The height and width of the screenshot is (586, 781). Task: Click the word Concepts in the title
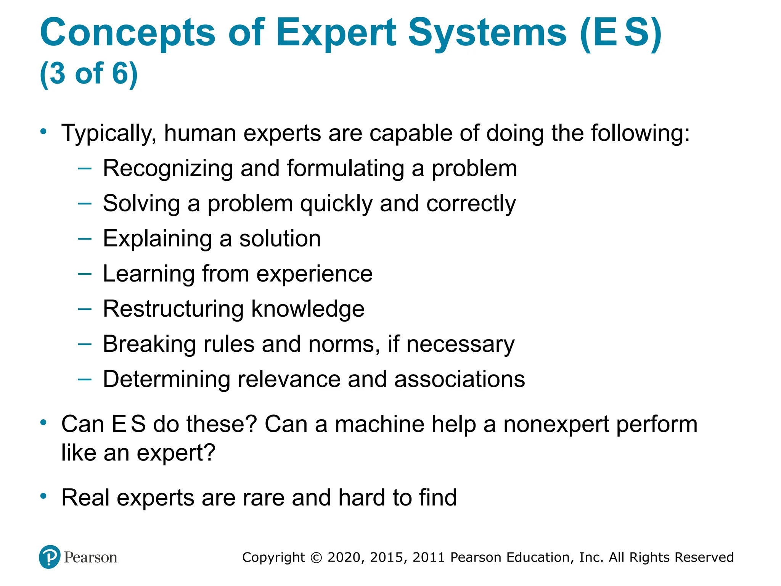pos(127,33)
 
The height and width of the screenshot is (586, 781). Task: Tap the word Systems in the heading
pos(487,33)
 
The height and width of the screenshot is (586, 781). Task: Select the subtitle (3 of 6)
pos(88,73)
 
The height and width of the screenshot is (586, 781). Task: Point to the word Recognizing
pos(168,169)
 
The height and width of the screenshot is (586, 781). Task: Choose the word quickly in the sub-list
pos(336,204)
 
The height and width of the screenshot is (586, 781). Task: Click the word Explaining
pos(157,239)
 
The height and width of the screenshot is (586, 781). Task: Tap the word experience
pos(314,274)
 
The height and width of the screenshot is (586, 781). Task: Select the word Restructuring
pos(174,309)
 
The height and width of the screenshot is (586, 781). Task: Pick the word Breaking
pos(149,344)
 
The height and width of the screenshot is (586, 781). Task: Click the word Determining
pos(166,379)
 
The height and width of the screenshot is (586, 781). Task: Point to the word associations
pos(460,379)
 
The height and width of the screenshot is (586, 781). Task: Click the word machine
pos(379,424)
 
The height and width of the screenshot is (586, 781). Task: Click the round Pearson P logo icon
pos(50,557)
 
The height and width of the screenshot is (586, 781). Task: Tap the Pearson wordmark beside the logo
pos(90,557)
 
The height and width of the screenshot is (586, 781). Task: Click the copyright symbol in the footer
pos(316,558)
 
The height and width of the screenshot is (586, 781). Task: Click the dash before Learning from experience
pos(85,274)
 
